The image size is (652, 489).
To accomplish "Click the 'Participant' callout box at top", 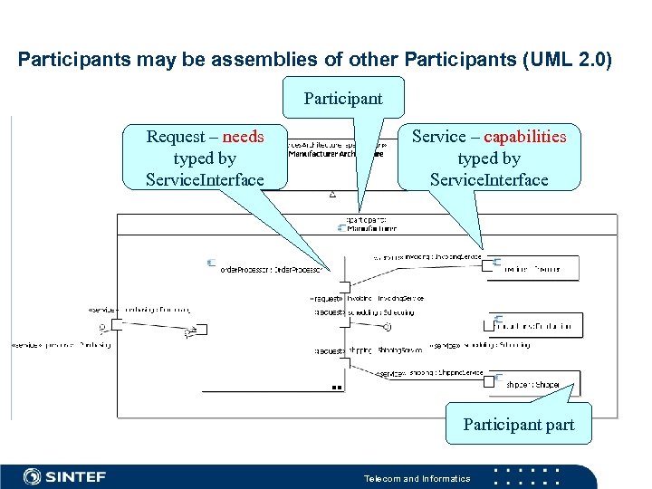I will pyautogui.click(x=343, y=98).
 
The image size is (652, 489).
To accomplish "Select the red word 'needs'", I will pyautogui.click(x=243, y=137).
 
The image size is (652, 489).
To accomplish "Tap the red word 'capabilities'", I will pyautogui.click(x=524, y=137).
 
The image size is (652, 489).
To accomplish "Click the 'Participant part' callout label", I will pyautogui.click(x=518, y=424).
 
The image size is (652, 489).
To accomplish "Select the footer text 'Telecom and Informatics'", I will pyautogui.click(x=417, y=478).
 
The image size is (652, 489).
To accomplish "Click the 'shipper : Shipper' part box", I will pyautogui.click(x=534, y=384).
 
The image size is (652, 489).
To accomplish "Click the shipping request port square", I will pyautogui.click(x=344, y=363).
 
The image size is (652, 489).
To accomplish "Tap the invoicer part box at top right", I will pyautogui.click(x=534, y=268).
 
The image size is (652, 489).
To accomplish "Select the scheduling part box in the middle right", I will pyautogui.click(x=534, y=325).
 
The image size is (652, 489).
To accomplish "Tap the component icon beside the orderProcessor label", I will pyautogui.click(x=211, y=264).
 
